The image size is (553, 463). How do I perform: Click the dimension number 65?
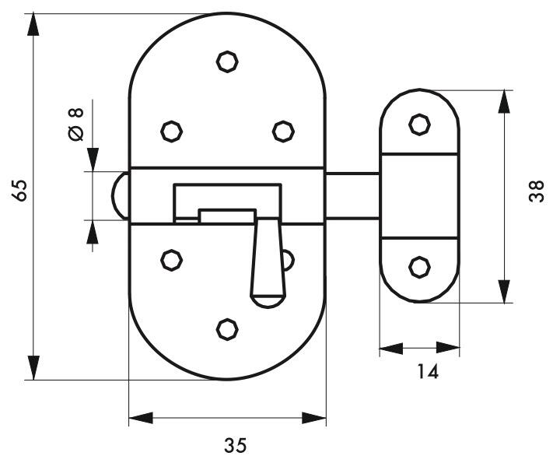pos(20,190)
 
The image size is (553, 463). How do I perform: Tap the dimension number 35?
pos(235,445)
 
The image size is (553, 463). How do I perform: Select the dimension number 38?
pos(537,191)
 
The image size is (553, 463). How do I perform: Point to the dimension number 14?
pos(428,372)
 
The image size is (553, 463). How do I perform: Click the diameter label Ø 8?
pos(76,124)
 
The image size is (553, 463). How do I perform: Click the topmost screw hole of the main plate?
pos(227,61)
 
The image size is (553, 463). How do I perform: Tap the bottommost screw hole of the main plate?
pos(227,329)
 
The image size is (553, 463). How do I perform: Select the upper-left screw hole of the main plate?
pos(171,132)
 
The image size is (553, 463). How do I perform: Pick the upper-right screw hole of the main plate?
pos(283,132)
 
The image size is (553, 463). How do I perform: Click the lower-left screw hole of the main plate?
pos(171,260)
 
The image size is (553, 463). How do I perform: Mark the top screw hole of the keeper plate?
pos(419,125)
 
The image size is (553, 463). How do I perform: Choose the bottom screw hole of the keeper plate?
pos(419,267)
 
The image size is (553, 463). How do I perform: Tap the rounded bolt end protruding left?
pos(120,196)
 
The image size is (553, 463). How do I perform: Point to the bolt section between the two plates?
pos(352,196)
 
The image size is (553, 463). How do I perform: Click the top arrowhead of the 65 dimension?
pos(33,25)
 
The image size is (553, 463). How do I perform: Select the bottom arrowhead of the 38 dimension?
pos(504,291)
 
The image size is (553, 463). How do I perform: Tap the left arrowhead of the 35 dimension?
pos(141,418)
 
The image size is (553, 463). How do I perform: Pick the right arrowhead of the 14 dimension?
pos(448,348)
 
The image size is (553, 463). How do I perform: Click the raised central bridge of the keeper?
pos(420,196)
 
